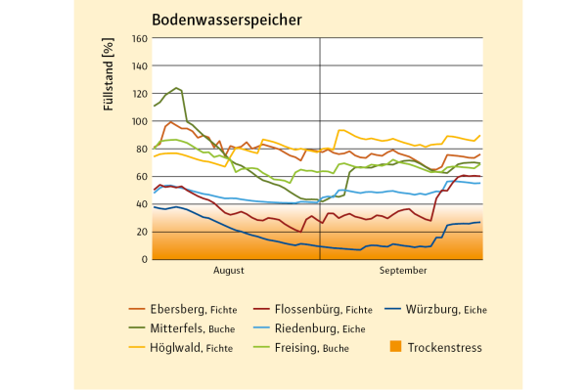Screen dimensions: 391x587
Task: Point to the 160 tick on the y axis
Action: click(139, 39)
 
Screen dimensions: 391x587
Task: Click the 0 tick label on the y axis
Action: click(144, 259)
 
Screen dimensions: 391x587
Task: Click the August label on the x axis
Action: click(228, 268)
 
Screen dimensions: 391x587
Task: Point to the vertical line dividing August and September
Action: click(320, 147)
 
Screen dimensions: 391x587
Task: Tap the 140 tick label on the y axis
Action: click(139, 67)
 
